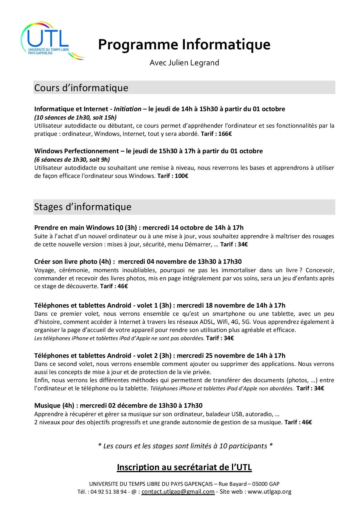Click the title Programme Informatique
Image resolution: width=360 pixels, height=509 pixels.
pos(184,45)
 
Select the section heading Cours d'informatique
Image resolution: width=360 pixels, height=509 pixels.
pos(81,88)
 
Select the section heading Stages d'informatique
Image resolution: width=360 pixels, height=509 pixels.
pos(83,207)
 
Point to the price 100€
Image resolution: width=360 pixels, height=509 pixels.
pos(181,176)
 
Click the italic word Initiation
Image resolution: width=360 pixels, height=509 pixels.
pos(127,109)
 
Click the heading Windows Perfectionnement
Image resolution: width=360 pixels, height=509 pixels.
pos(76,151)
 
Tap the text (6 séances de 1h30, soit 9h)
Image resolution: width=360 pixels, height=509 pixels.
pos(72,160)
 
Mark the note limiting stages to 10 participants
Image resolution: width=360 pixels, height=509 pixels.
pos(185,446)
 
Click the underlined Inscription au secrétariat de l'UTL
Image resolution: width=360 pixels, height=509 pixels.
pos(184,467)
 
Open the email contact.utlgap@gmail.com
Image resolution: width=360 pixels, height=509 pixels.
pos(178,492)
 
